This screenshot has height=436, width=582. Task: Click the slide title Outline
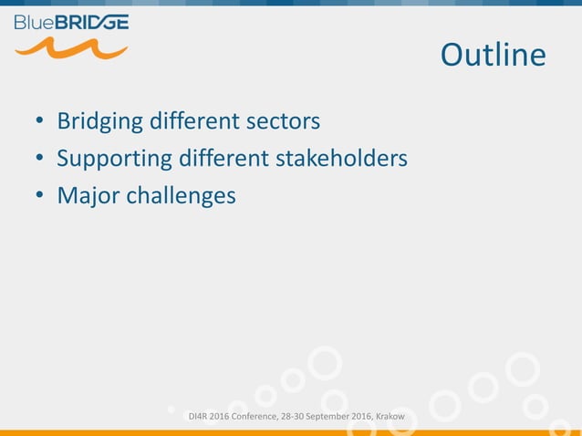coord(493,56)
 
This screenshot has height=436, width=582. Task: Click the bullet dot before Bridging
coord(39,122)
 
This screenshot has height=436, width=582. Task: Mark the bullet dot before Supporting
coord(39,160)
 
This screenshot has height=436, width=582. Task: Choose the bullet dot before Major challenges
coord(39,196)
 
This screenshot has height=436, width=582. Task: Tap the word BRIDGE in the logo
coord(93,22)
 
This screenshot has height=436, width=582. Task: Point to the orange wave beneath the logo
coord(71,47)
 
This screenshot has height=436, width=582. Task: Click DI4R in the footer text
coord(196,418)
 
